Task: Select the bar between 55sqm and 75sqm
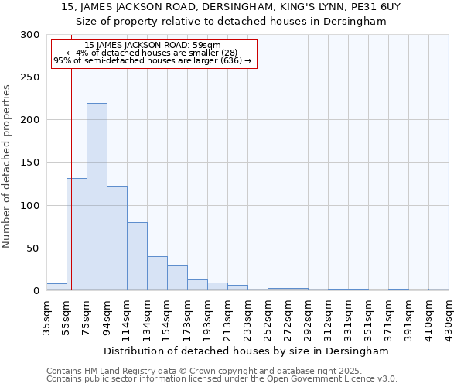tap(77, 234)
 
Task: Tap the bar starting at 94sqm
tap(117, 238)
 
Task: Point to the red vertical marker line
tap(70, 178)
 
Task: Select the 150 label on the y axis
tap(30, 163)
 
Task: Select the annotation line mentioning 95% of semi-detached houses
tap(152, 60)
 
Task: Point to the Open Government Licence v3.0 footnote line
tap(222, 378)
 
